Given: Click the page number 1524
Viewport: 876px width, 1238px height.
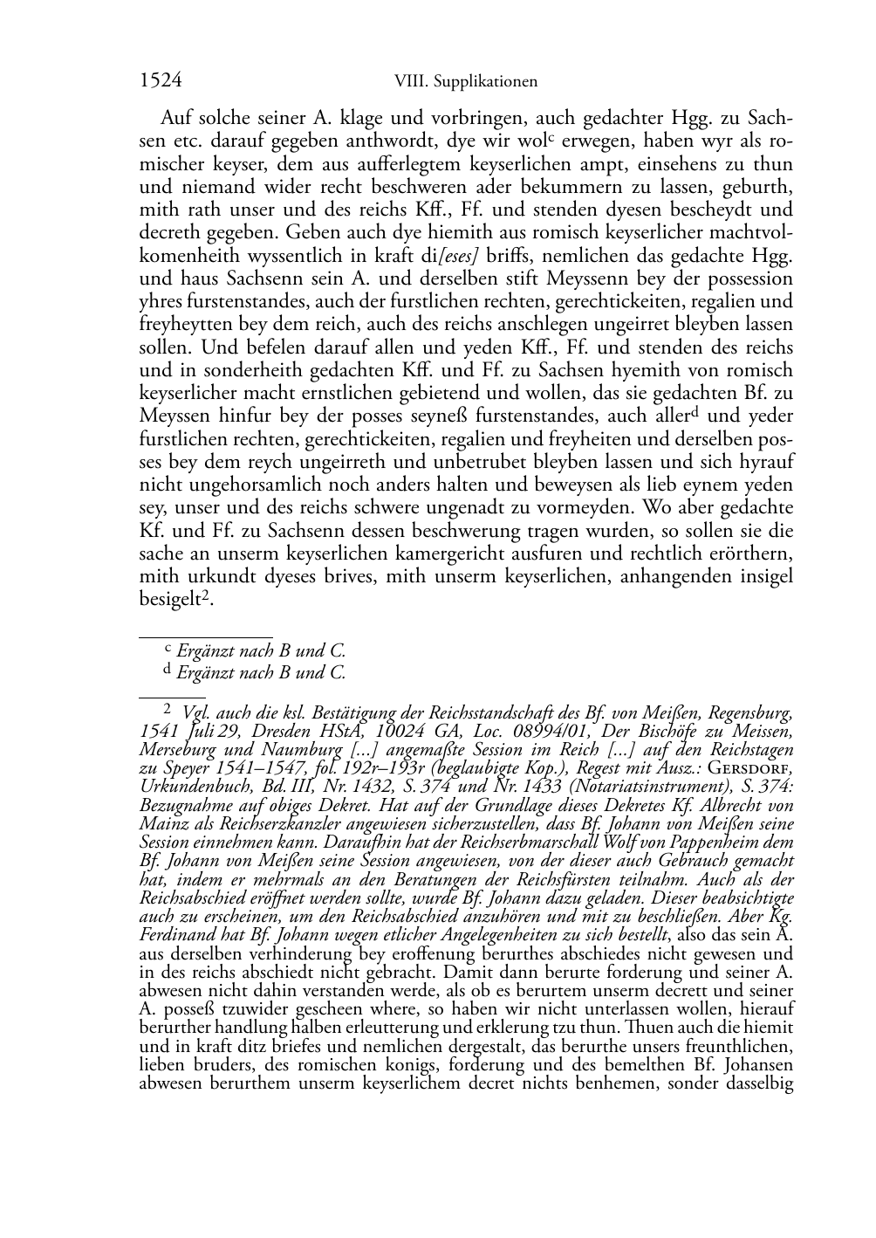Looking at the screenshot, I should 161,81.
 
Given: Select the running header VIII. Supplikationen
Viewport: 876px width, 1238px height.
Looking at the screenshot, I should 465,82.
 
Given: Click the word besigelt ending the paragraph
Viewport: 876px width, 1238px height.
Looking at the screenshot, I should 170,600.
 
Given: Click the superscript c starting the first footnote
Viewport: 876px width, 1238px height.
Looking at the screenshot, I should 169,649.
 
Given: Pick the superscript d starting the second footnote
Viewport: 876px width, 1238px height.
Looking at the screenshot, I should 168,671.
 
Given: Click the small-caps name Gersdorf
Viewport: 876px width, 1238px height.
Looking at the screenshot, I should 751,768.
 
